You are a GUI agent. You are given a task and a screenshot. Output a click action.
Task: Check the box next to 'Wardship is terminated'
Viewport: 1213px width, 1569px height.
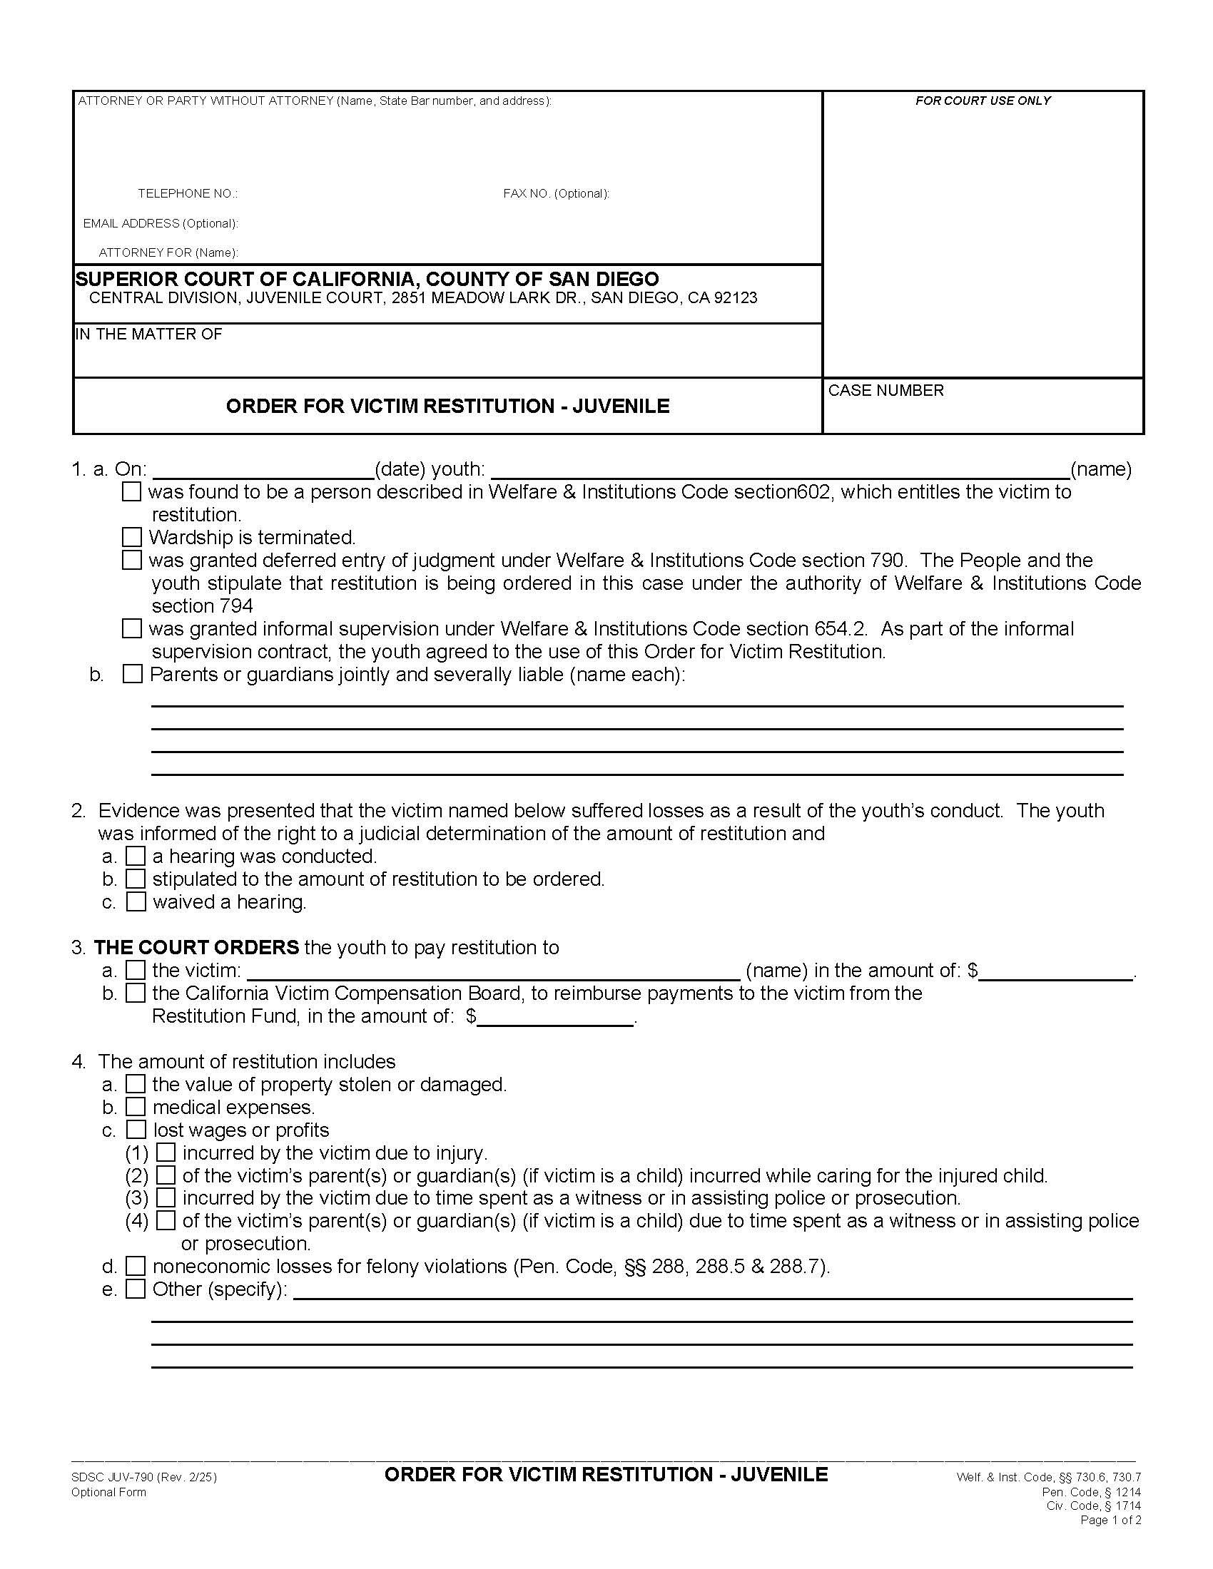point(131,537)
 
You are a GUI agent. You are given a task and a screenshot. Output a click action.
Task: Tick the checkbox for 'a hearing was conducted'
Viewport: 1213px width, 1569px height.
point(136,857)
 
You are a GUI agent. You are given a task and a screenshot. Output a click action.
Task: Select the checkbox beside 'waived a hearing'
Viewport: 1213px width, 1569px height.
point(136,901)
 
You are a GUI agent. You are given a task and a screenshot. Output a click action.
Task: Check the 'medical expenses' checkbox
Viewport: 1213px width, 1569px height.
point(136,1107)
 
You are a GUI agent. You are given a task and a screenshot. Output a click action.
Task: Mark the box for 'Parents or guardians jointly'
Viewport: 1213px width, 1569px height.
point(132,675)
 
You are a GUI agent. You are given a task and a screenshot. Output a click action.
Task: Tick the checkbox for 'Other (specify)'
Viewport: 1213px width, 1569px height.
point(136,1289)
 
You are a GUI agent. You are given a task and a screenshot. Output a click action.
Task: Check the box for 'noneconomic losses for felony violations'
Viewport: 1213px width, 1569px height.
point(136,1266)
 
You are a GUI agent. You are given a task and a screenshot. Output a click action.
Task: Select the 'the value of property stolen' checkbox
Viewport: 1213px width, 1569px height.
point(136,1084)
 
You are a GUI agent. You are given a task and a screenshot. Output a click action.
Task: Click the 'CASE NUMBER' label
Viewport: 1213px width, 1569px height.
point(885,391)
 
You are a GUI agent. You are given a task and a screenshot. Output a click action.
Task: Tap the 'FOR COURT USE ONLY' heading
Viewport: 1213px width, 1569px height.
point(983,101)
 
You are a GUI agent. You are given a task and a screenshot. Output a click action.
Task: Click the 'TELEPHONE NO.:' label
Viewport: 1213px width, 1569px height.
point(188,194)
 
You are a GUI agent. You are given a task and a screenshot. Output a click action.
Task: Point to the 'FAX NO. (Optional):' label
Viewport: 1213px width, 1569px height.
point(557,194)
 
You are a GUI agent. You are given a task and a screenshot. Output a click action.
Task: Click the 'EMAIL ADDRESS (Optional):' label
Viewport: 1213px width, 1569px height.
point(161,223)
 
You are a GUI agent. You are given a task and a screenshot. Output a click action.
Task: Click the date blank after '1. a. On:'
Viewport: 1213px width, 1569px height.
point(263,471)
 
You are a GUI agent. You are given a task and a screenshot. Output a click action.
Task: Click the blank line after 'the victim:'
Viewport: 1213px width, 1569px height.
point(493,971)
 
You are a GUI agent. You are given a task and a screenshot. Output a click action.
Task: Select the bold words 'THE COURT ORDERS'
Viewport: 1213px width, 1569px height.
point(196,948)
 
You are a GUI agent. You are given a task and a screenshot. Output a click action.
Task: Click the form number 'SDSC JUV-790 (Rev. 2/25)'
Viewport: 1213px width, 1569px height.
point(143,1478)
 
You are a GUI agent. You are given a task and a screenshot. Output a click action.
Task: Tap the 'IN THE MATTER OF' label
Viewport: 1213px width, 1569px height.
point(148,334)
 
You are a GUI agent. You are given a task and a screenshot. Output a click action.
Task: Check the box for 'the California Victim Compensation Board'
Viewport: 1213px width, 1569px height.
point(136,993)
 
